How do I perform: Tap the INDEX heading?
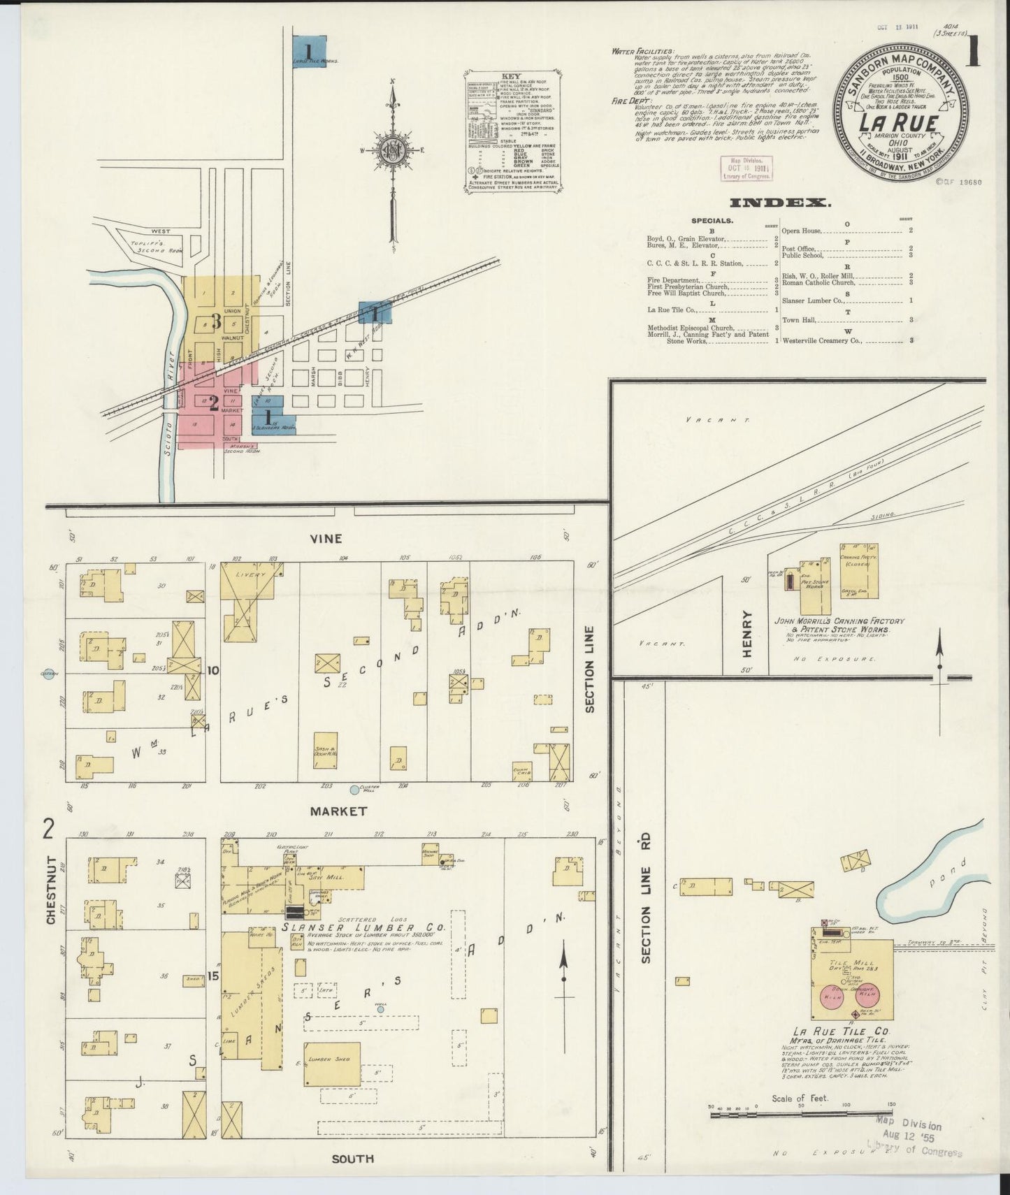[779, 203]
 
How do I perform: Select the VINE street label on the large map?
[326, 538]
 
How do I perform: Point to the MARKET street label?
[338, 811]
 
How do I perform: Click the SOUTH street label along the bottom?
[352, 1159]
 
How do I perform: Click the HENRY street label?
[746, 634]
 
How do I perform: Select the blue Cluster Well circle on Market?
[354, 790]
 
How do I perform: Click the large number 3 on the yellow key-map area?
[216, 321]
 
